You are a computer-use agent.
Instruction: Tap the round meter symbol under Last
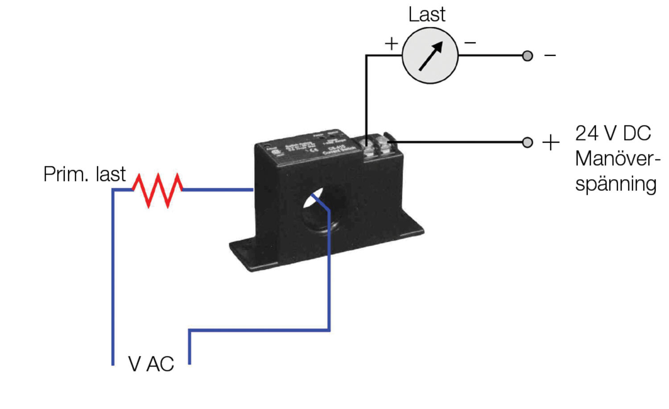(x=430, y=56)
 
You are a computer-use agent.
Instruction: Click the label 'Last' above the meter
(x=427, y=14)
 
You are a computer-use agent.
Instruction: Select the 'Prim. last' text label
(x=84, y=174)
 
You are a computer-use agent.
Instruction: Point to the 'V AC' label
(x=151, y=364)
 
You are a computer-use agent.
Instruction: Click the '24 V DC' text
(x=613, y=133)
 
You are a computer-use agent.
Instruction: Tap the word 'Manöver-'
(x=617, y=158)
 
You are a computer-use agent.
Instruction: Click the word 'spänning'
(x=615, y=184)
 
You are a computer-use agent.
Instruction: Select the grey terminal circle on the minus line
(x=527, y=56)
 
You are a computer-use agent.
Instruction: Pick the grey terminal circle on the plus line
(x=527, y=142)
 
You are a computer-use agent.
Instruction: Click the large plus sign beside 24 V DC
(x=551, y=142)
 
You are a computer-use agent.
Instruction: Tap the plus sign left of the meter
(x=391, y=43)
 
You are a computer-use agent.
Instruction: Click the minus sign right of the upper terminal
(x=550, y=55)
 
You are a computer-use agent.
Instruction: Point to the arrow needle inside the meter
(x=431, y=56)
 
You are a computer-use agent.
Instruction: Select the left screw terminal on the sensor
(x=368, y=148)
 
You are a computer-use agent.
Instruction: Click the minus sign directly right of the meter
(x=470, y=43)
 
